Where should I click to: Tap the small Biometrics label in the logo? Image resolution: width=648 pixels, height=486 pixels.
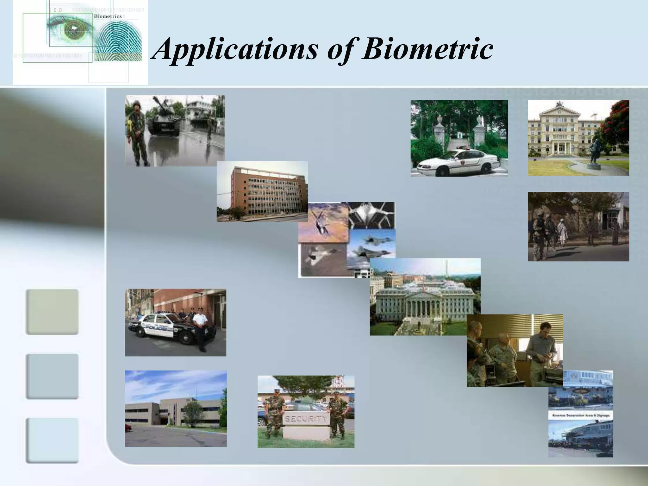coord(108,16)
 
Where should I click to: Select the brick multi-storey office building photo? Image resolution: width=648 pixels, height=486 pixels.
coord(262,191)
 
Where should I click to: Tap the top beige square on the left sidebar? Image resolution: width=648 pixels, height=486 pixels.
coord(52,312)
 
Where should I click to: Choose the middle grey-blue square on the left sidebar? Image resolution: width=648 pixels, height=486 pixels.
coord(52,376)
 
